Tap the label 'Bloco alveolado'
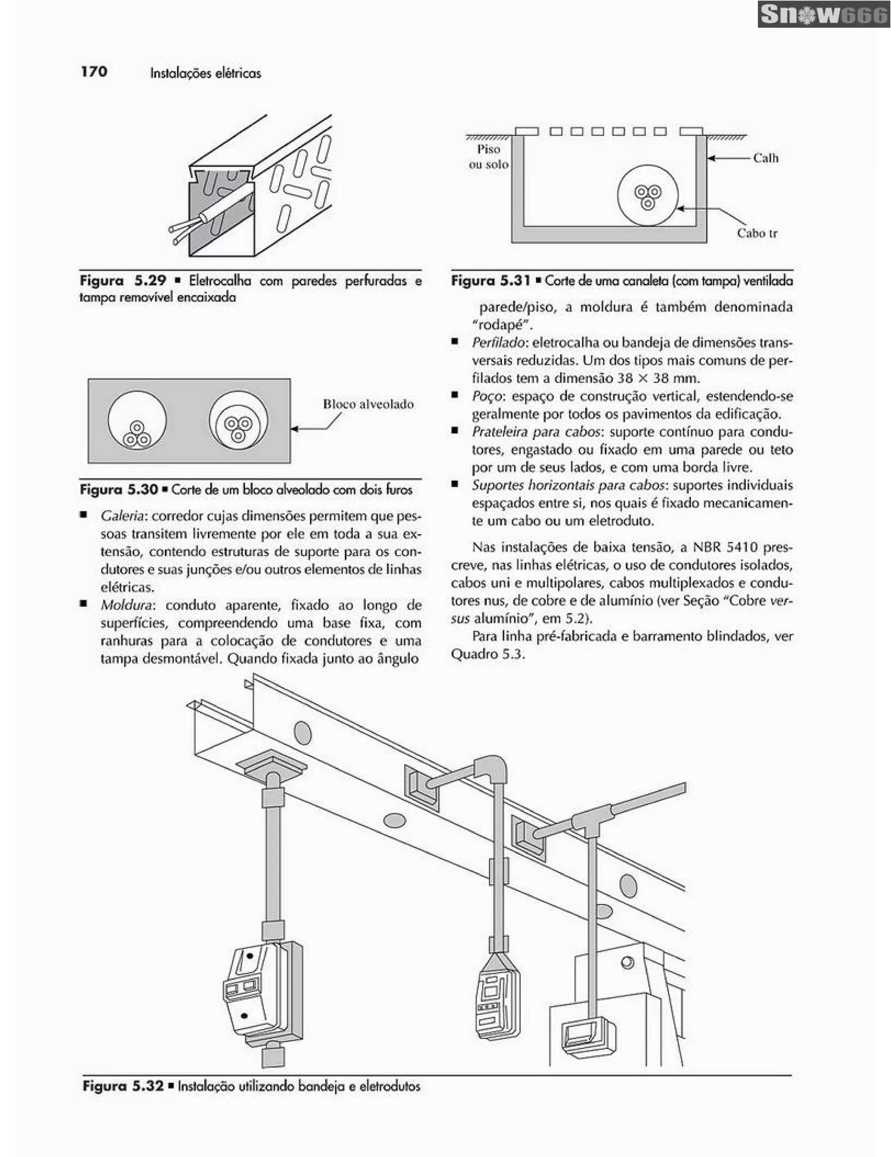pos(368,404)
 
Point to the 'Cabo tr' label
pos(757,233)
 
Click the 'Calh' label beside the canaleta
pos(765,158)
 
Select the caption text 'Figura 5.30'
pos(119,489)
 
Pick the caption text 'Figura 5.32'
pos(123,1086)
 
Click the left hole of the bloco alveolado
pos(137,420)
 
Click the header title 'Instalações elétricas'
pos(205,73)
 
